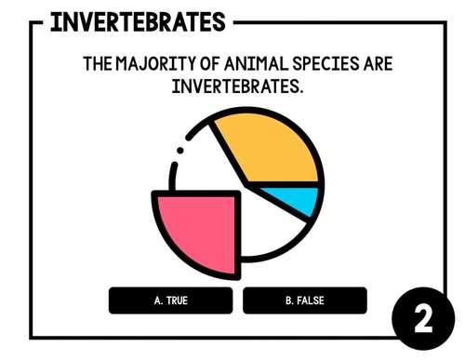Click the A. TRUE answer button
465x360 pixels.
[x=170, y=300]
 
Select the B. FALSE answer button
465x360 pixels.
[x=304, y=300]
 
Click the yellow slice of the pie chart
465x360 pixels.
[x=270, y=149]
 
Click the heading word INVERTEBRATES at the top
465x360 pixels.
[x=138, y=22]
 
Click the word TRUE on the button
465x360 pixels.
[x=177, y=300]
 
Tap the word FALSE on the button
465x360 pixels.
[x=311, y=300]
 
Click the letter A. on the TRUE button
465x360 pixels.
[x=158, y=300]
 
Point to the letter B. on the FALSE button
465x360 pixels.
[x=290, y=300]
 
